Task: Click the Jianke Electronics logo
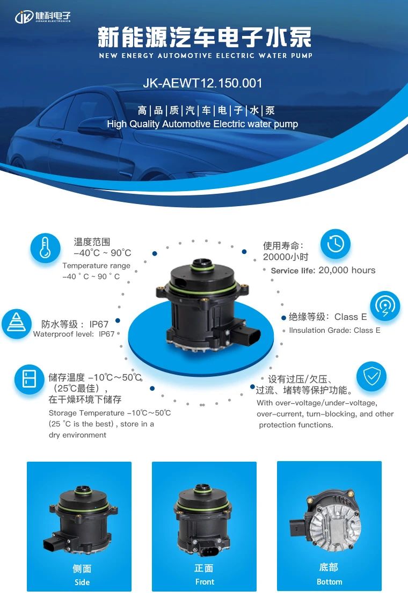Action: click(x=43, y=17)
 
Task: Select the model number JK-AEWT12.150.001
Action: click(x=202, y=83)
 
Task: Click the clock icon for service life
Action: click(x=336, y=244)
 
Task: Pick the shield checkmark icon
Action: click(x=371, y=377)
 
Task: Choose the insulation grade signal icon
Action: click(x=385, y=305)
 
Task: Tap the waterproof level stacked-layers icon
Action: click(x=16, y=324)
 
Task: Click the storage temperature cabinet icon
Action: click(x=30, y=379)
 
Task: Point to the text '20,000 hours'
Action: click(x=347, y=270)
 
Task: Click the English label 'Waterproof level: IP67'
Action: click(x=74, y=334)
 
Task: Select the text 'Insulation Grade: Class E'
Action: click(x=334, y=330)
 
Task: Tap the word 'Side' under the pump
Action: click(x=82, y=582)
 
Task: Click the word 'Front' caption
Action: click(x=205, y=582)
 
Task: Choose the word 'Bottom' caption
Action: click(x=329, y=582)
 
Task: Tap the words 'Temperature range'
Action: click(x=97, y=266)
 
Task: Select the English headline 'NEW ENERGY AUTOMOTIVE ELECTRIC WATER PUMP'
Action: click(x=206, y=56)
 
